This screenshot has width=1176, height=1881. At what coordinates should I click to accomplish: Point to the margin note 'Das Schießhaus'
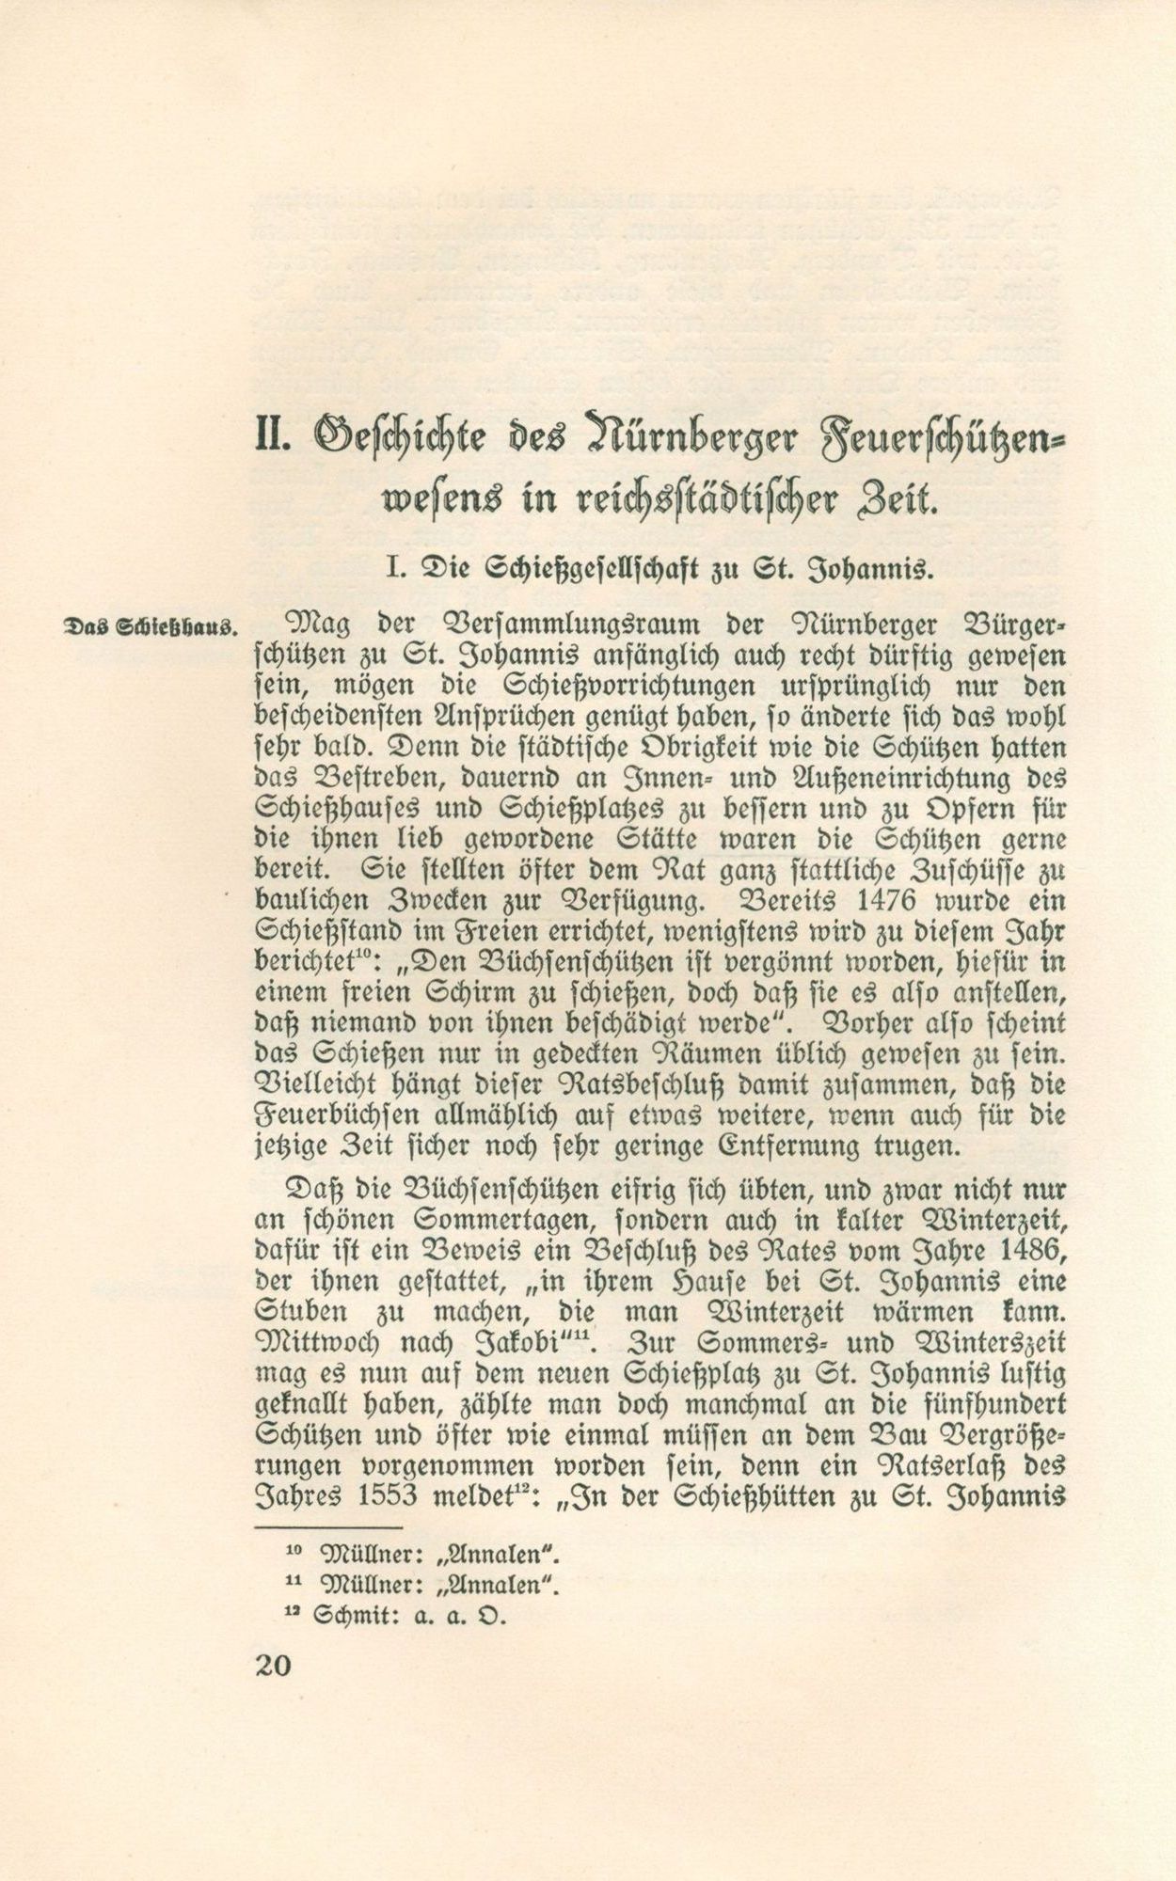click(150, 626)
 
